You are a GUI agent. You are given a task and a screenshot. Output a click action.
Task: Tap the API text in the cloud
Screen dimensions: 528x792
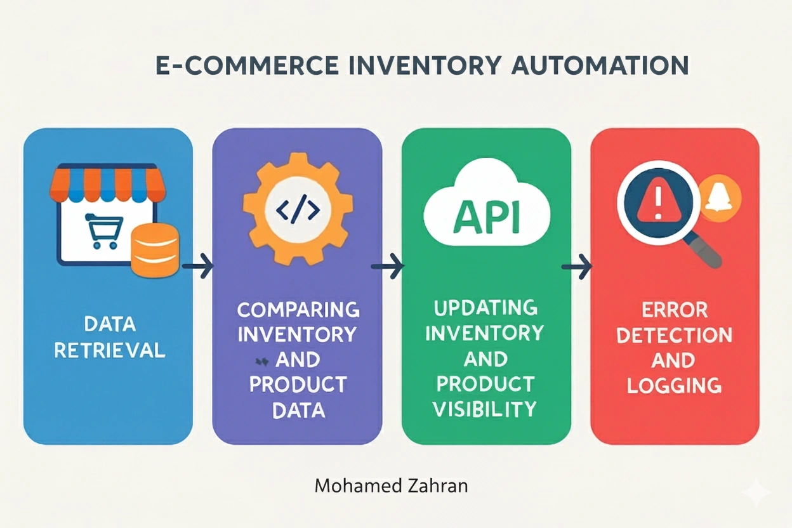click(x=485, y=217)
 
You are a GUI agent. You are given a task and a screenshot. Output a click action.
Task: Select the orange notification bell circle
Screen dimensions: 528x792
click(x=722, y=199)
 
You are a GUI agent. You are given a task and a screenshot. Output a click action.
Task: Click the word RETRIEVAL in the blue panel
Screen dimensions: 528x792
click(x=110, y=350)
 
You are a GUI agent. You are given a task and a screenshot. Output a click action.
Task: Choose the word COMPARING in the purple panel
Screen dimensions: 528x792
click(x=298, y=310)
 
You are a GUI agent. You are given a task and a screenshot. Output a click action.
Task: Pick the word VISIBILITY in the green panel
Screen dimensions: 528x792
click(x=485, y=409)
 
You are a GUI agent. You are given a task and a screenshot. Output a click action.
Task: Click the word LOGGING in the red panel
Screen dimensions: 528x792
click(x=674, y=385)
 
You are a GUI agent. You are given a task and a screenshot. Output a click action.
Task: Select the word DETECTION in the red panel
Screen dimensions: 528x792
click(x=674, y=336)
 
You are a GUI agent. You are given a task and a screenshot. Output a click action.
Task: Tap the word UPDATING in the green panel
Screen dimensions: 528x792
click(x=485, y=309)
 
